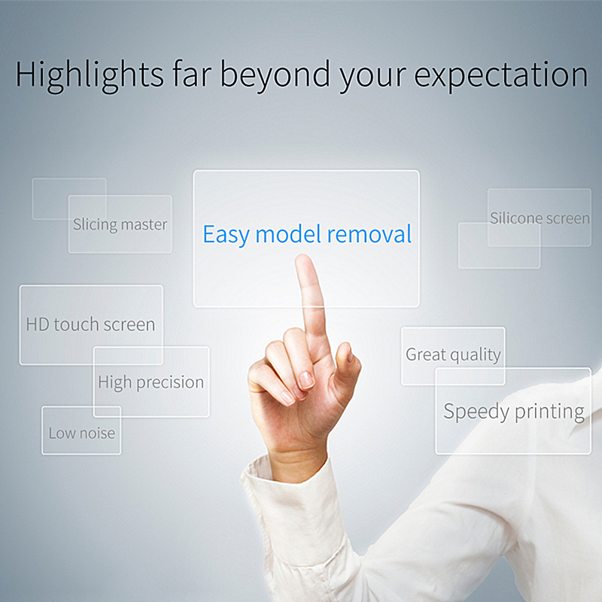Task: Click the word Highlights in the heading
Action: (90, 75)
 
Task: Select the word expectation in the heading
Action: (501, 75)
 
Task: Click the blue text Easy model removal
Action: (307, 234)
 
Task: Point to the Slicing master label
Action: (120, 224)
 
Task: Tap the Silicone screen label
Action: (540, 218)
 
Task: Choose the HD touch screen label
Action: (90, 324)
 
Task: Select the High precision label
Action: (151, 383)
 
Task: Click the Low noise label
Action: (82, 433)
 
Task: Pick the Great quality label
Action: (454, 354)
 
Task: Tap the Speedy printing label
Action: (514, 412)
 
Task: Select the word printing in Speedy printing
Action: (550, 412)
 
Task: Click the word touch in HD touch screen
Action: (77, 324)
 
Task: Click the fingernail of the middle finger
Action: (306, 380)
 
